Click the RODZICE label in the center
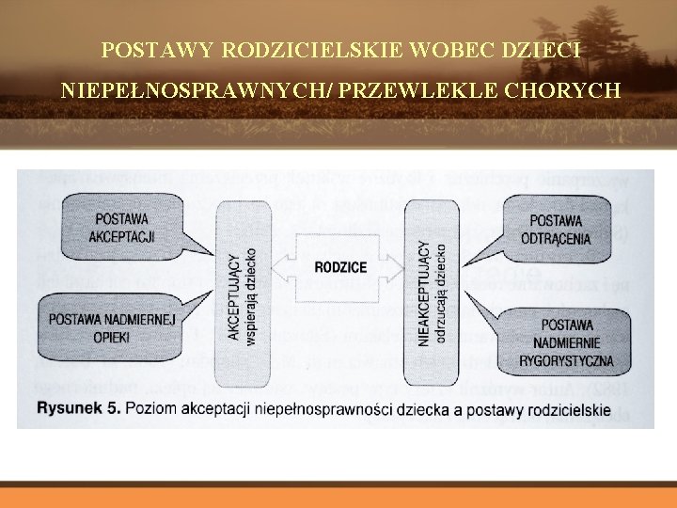click(340, 268)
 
